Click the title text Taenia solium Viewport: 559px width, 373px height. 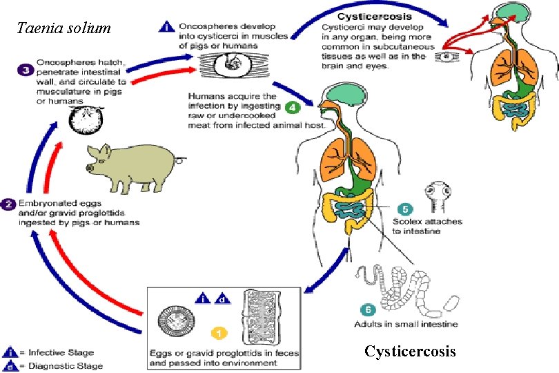pos(63,28)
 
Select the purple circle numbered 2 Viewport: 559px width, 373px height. pos(8,204)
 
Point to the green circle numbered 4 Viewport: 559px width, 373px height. pos(292,107)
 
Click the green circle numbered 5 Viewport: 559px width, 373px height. pos(406,208)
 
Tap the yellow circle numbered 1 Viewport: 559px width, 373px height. pos(219,334)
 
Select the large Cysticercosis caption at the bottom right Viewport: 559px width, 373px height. pos(410,352)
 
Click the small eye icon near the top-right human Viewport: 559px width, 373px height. pos(450,55)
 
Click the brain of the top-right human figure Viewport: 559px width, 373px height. pos(511,12)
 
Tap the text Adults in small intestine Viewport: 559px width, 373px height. pos(405,323)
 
